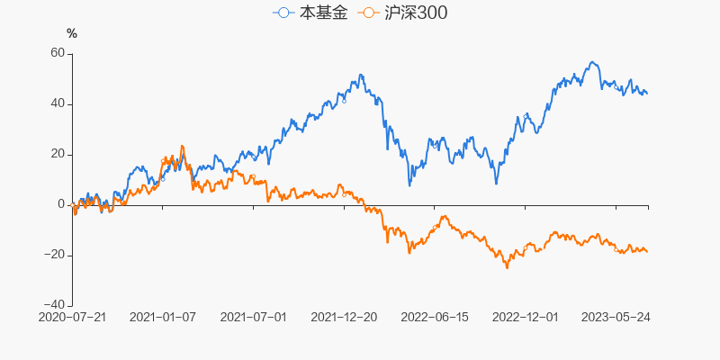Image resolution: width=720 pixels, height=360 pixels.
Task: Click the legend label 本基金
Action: tap(323, 13)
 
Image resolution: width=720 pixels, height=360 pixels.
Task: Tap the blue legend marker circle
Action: tap(284, 13)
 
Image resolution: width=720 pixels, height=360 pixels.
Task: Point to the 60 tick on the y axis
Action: tap(58, 53)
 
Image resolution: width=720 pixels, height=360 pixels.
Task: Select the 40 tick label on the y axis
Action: tap(58, 103)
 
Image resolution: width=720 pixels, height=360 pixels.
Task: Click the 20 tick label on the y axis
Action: tap(58, 154)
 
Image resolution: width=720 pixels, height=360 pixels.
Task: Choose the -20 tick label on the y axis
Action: tap(55, 255)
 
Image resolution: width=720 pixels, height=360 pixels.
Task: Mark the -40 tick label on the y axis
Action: tap(55, 305)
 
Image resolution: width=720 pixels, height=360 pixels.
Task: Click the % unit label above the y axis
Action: tap(72, 33)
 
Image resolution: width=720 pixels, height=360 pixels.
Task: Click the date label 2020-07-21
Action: tap(72, 317)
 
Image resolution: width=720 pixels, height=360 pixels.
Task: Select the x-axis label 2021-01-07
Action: tap(163, 317)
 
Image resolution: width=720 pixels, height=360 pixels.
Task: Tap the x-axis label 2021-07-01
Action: tap(254, 317)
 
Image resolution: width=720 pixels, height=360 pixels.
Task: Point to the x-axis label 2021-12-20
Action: tap(345, 317)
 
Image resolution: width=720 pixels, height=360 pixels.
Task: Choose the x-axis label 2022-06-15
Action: tap(436, 317)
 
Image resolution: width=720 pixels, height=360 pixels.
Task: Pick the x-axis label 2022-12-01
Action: tap(526, 317)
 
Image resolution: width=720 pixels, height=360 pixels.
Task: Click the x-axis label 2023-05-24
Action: tap(616, 317)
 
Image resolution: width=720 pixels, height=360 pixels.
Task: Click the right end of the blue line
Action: tap(647, 94)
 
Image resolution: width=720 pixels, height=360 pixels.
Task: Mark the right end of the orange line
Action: tap(647, 251)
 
